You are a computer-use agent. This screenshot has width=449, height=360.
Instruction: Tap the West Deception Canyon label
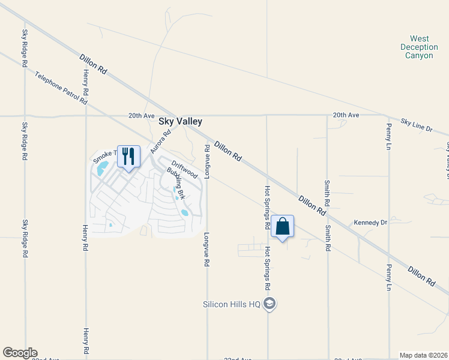click(418, 47)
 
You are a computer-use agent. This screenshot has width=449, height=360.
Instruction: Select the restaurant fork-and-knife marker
click(128, 157)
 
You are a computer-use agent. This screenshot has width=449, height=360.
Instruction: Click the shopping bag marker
click(282, 227)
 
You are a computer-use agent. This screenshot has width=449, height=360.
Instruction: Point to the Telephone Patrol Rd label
click(61, 88)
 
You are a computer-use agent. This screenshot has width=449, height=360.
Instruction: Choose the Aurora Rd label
click(161, 142)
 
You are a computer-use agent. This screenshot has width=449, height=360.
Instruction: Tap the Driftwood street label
click(184, 169)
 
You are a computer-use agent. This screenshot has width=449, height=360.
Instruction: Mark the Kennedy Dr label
click(370, 223)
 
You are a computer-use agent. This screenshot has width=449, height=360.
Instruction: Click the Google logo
click(20, 353)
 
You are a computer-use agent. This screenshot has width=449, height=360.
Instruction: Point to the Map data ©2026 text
click(423, 355)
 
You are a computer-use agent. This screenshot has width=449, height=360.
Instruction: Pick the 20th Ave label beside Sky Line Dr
click(346, 115)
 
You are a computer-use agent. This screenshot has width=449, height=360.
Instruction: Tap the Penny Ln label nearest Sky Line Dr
click(389, 137)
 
